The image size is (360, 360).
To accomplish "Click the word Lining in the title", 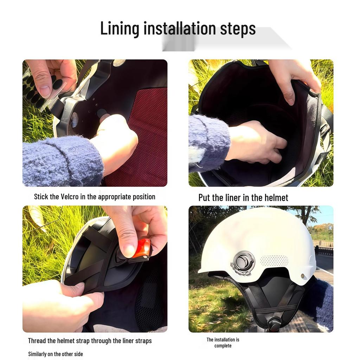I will [x=120, y=28].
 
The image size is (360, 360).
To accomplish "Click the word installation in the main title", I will [x=180, y=28].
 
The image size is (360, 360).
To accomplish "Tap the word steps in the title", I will [x=238, y=28].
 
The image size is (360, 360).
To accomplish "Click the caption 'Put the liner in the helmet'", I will [x=243, y=198].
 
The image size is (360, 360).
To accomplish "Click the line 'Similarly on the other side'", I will [x=56, y=354].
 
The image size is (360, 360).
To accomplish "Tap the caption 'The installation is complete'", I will [x=223, y=342].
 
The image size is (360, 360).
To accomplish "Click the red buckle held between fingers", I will [x=142, y=248].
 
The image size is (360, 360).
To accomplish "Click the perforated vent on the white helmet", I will [x=274, y=261].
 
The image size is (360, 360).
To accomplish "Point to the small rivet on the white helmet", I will [x=303, y=276].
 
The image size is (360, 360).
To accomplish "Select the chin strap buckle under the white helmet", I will [x=274, y=323].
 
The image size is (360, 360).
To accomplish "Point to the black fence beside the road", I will [x=323, y=250].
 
